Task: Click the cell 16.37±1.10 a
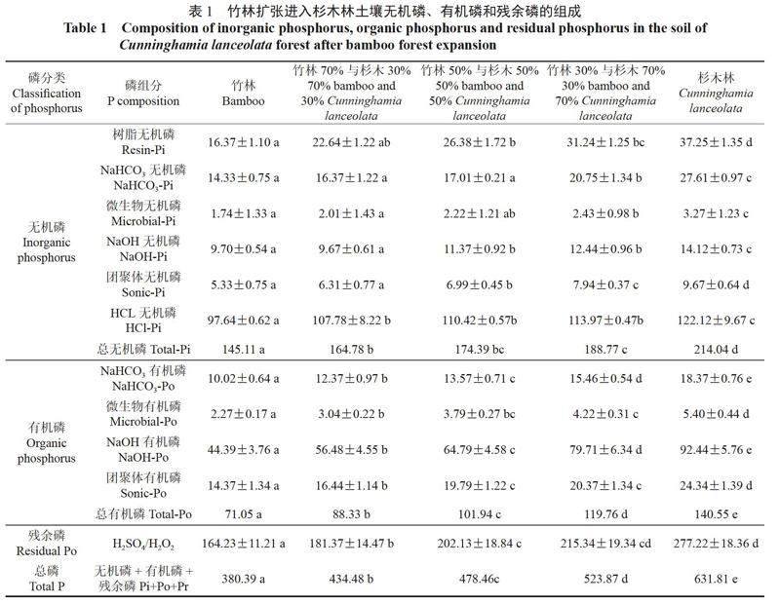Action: (243, 142)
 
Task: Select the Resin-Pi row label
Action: (143, 142)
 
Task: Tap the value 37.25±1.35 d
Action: (716, 142)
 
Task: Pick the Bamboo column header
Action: (243, 93)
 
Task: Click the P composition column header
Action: (143, 93)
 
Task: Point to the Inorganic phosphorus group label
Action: (46, 243)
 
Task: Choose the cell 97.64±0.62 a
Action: (243, 321)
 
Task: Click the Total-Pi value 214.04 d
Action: (716, 350)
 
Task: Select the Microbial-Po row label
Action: (143, 414)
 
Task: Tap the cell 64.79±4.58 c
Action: (480, 450)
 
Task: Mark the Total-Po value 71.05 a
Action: (243, 514)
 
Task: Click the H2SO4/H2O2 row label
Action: (143, 545)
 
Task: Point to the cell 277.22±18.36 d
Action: (716, 544)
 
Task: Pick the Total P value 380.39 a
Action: (243, 579)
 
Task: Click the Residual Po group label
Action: (46, 544)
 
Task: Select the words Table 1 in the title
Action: (85, 28)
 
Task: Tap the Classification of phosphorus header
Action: (46, 93)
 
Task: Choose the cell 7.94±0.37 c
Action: (605, 284)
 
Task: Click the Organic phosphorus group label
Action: (46, 443)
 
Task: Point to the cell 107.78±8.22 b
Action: (351, 321)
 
